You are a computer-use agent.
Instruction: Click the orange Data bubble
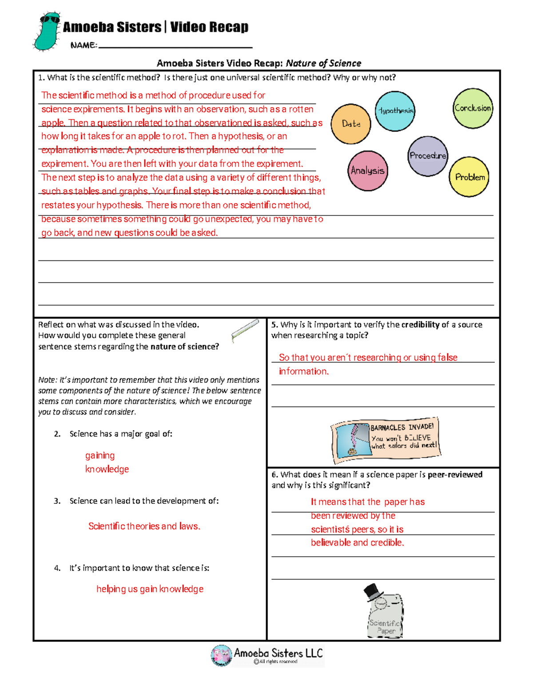(x=350, y=124)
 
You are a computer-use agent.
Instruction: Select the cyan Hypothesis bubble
(x=395, y=111)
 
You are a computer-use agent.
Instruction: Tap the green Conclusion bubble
(x=473, y=108)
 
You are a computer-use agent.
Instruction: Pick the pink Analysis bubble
(x=367, y=171)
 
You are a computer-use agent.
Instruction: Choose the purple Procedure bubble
(x=427, y=156)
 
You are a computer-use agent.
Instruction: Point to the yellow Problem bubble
(x=469, y=177)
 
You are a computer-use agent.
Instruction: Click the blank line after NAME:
(x=175, y=45)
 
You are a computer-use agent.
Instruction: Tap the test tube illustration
(x=245, y=330)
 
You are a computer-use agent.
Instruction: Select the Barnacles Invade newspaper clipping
(x=385, y=439)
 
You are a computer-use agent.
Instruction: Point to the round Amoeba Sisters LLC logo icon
(x=221, y=655)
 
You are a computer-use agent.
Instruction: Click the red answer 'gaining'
(x=100, y=455)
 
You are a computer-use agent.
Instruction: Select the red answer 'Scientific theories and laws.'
(x=144, y=526)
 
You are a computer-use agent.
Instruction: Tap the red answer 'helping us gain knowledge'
(x=150, y=589)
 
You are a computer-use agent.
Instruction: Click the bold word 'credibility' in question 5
(x=420, y=325)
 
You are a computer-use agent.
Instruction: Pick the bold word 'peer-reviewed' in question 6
(x=455, y=475)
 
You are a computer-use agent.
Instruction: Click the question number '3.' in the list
(x=57, y=501)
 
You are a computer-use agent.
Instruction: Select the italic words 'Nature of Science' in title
(x=323, y=63)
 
